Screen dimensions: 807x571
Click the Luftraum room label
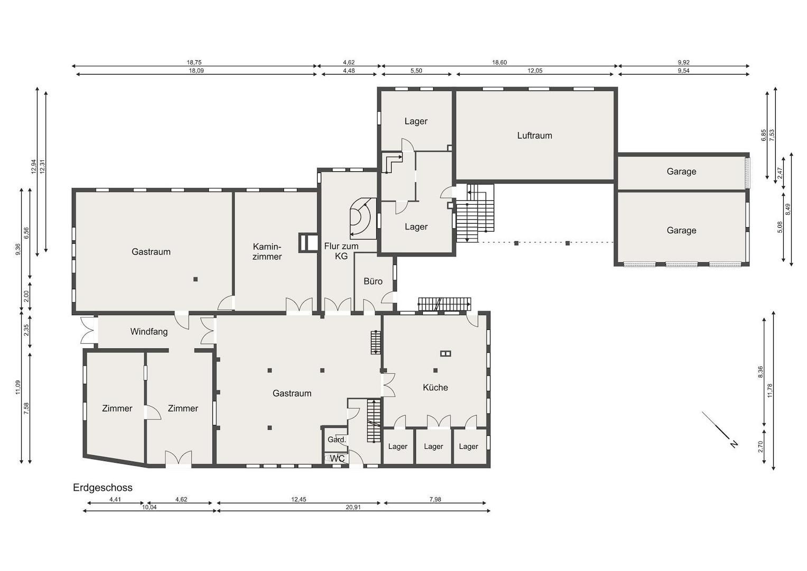pos(534,135)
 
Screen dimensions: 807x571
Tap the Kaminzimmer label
pos(267,252)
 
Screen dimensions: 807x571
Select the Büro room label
pos(373,281)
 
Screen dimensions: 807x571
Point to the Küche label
pos(435,388)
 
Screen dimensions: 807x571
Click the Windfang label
pos(149,331)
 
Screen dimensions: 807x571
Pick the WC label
pos(337,458)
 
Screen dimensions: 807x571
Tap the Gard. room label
pos(337,440)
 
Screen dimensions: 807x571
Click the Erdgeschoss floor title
pos(103,487)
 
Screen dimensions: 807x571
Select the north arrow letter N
pos(734,444)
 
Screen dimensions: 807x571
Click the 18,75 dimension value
pos(194,62)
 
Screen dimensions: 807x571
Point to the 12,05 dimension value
pos(535,71)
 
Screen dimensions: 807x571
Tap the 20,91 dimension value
pos(353,507)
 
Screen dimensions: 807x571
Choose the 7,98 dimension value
pos(435,499)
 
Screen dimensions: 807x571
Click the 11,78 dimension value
pos(770,390)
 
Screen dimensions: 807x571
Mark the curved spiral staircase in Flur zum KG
pos(363,218)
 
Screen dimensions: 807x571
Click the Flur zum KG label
pos(341,251)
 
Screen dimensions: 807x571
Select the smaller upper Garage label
pos(681,172)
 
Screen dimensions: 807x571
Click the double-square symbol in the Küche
pos(446,353)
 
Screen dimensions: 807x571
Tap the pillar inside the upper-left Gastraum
pos(195,279)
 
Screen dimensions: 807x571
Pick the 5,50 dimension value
pos(416,71)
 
